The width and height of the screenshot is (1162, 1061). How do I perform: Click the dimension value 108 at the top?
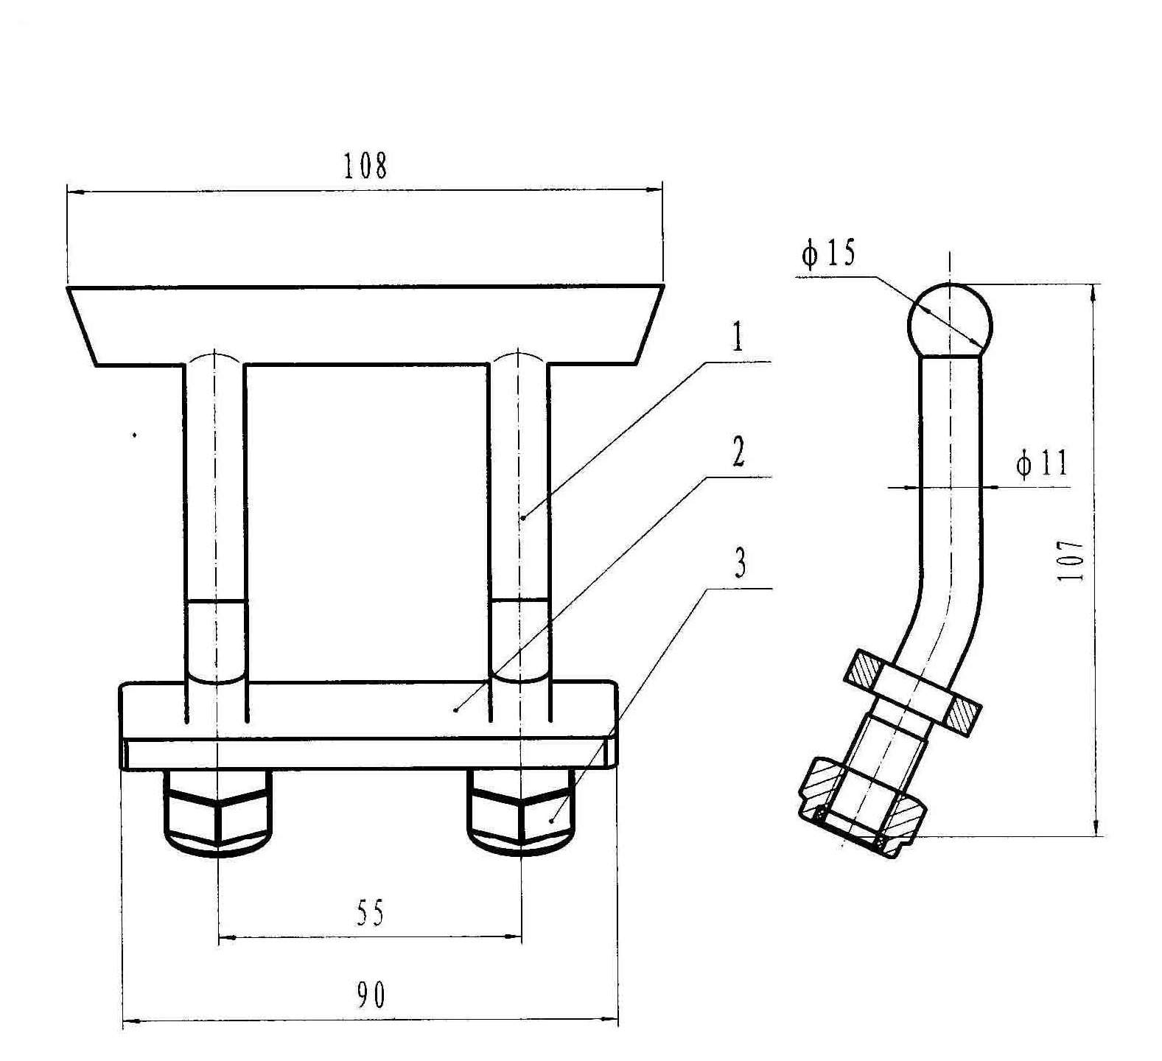click(365, 167)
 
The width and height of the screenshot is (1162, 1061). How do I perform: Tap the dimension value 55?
click(371, 914)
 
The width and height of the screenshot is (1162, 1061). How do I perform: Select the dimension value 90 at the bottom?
click(371, 996)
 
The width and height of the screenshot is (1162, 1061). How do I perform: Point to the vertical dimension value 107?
click(1071, 561)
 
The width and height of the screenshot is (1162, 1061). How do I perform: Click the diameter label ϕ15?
click(828, 253)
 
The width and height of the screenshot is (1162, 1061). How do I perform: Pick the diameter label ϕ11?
click(1041, 464)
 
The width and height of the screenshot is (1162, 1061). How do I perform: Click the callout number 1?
click(737, 338)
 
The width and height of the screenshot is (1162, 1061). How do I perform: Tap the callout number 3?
click(740, 564)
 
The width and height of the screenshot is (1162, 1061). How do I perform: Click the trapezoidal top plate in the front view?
click(365, 325)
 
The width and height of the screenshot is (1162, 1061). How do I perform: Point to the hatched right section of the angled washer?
click(962, 714)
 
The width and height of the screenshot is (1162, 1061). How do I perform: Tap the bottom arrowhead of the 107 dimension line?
click(1096, 825)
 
